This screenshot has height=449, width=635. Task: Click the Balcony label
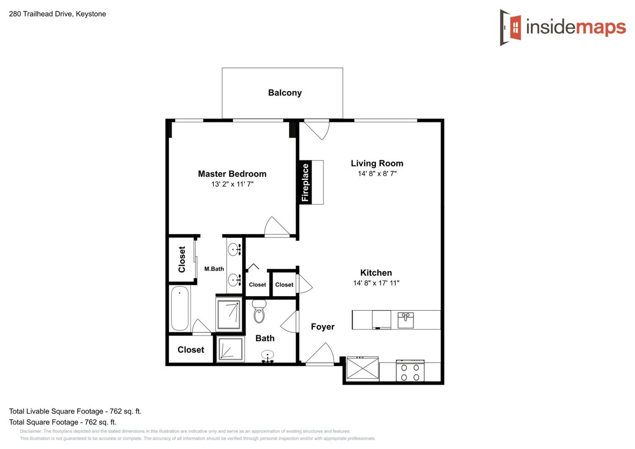(x=285, y=93)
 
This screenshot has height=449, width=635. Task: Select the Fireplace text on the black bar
(x=305, y=182)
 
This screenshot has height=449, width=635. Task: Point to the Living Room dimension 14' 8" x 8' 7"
(x=377, y=174)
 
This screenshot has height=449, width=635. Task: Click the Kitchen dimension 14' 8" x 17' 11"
(x=376, y=283)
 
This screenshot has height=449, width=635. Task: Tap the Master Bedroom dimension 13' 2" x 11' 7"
(x=232, y=184)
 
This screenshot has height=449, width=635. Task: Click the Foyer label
(x=323, y=327)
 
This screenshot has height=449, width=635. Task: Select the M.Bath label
(x=214, y=269)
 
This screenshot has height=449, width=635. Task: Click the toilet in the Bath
(x=259, y=312)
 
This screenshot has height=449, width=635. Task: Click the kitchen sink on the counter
(x=406, y=320)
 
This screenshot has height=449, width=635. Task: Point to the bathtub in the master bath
(x=180, y=308)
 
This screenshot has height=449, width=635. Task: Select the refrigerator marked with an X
(x=363, y=368)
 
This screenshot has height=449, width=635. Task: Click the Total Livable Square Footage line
(x=75, y=411)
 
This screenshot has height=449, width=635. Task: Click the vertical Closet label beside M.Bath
(x=182, y=259)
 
